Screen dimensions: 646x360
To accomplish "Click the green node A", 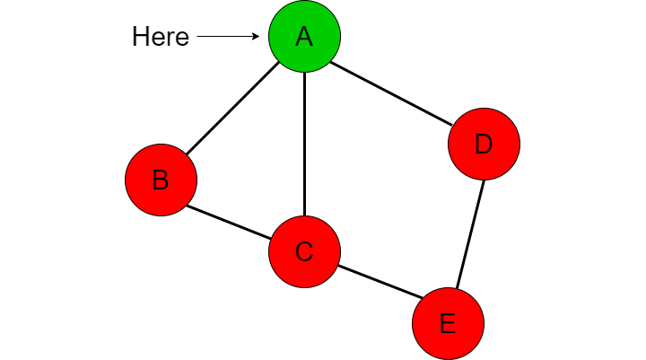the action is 304,36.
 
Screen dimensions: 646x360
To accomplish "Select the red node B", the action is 161,180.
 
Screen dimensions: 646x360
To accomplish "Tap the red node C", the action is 304,251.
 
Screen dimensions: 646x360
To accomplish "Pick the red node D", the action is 484,144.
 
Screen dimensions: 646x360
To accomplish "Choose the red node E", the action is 449,323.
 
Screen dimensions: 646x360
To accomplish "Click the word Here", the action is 161,36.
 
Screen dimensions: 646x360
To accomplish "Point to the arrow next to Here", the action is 228,36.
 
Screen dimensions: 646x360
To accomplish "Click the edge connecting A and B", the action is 232,109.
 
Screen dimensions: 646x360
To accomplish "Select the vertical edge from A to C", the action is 304,144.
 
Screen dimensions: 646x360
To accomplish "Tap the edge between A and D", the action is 391,93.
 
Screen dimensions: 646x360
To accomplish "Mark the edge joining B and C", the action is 229,222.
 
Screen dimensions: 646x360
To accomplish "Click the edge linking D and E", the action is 470,234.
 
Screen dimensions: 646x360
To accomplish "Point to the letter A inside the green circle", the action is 304,36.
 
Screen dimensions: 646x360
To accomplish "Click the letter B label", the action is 161,180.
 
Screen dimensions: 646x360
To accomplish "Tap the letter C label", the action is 304,251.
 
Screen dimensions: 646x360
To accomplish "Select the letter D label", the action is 484,144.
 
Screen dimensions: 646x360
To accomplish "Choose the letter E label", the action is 448,323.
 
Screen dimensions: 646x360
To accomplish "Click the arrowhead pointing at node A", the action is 256,36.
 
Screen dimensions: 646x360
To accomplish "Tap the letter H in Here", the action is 140,36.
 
